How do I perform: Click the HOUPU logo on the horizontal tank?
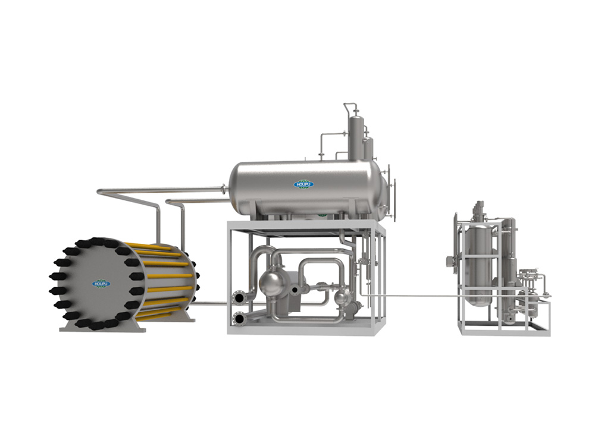(x=303, y=184)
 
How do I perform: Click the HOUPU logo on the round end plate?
(x=101, y=283)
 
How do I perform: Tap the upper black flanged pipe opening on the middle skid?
(x=239, y=298)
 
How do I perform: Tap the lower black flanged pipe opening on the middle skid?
(x=239, y=319)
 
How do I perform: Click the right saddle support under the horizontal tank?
(x=353, y=209)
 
